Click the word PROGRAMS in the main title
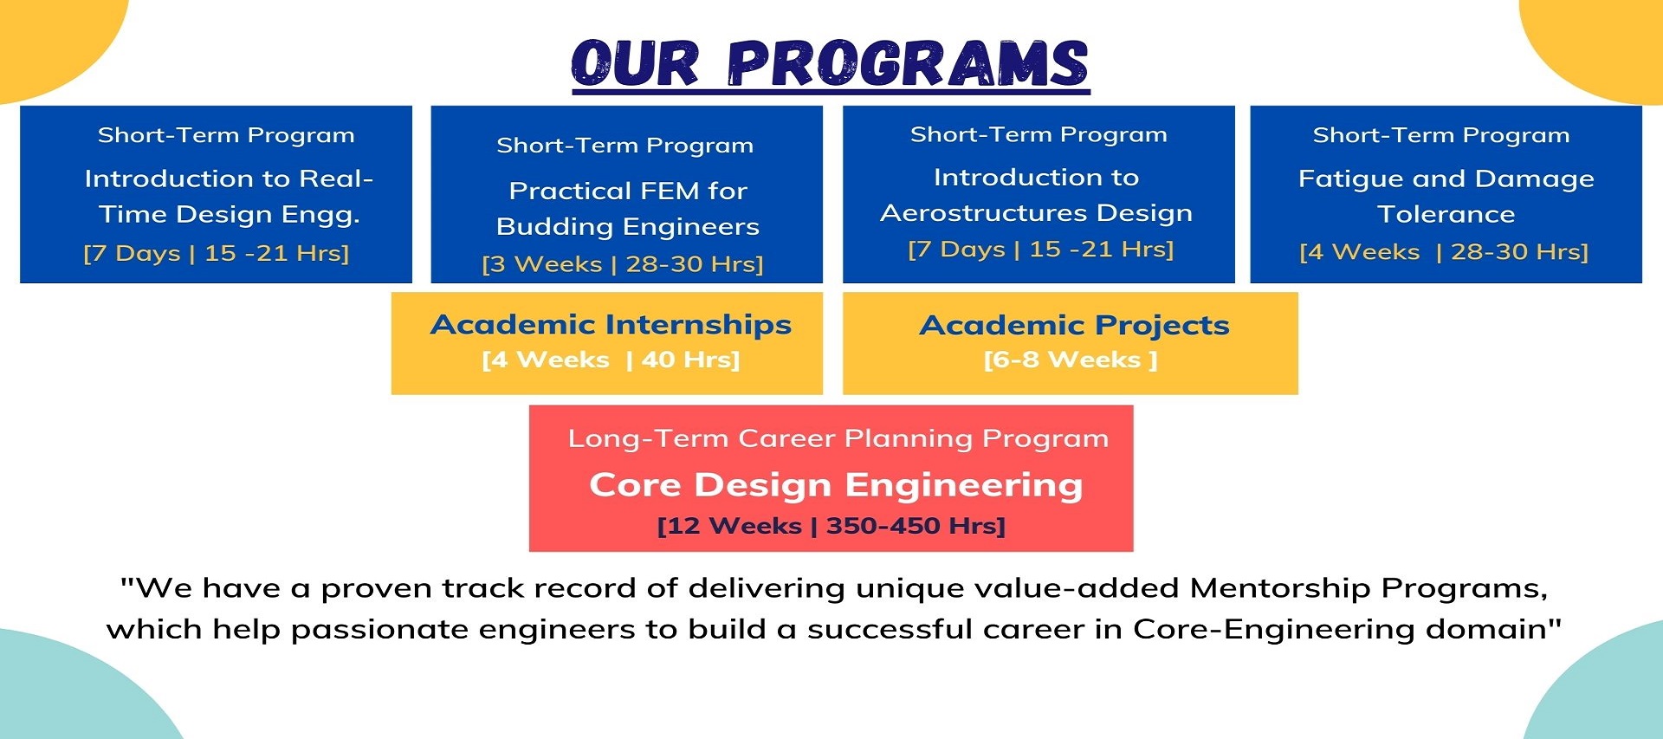pyautogui.click(x=908, y=63)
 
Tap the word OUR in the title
pyautogui.click(x=635, y=63)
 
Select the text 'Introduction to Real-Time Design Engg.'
pyautogui.click(x=229, y=196)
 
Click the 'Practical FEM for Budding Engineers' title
pyautogui.click(x=628, y=208)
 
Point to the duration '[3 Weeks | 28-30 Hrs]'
pyautogui.click(x=623, y=264)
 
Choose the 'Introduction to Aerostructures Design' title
pyautogui.click(x=1037, y=195)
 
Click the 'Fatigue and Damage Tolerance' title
pyautogui.click(x=1446, y=196)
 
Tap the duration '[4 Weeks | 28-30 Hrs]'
pyautogui.click(x=1444, y=252)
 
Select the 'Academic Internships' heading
pyautogui.click(x=611, y=324)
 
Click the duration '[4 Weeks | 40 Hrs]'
pyautogui.click(x=611, y=360)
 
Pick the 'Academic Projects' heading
pyautogui.click(x=1074, y=325)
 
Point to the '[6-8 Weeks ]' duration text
pyautogui.click(x=1071, y=360)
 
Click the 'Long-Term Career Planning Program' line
pyautogui.click(x=838, y=438)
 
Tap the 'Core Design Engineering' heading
pyautogui.click(x=836, y=485)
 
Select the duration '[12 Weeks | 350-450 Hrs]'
pyautogui.click(x=831, y=526)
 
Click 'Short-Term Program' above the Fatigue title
pyautogui.click(x=1441, y=135)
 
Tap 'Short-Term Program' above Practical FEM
pyautogui.click(x=624, y=146)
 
